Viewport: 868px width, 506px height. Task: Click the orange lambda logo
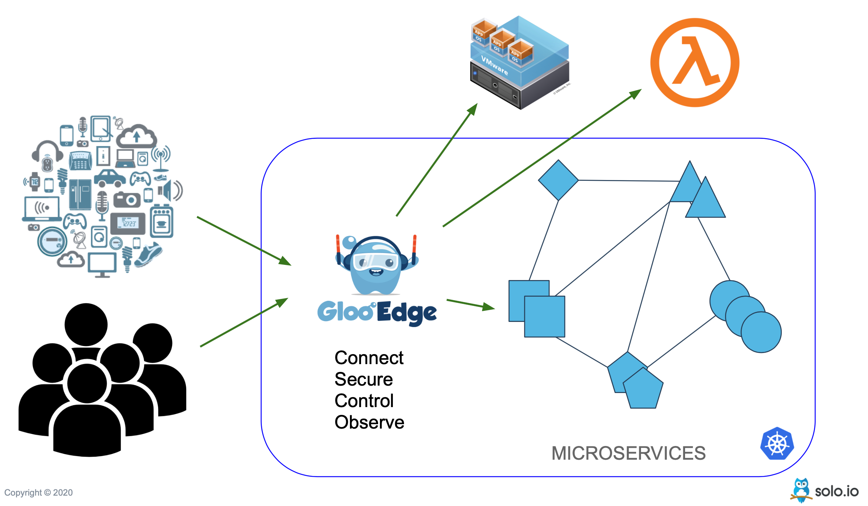point(695,63)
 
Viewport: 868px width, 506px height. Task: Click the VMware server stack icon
point(520,63)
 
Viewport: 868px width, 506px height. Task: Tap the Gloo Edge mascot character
point(376,265)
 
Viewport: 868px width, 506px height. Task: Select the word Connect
point(369,358)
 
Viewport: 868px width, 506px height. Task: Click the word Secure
point(363,379)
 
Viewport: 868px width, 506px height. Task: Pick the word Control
point(364,401)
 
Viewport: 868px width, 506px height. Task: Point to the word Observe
point(369,422)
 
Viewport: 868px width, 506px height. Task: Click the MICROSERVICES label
point(628,453)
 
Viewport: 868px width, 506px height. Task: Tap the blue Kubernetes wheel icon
point(777,444)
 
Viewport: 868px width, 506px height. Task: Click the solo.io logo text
point(837,492)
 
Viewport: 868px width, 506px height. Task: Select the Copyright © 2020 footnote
point(39,493)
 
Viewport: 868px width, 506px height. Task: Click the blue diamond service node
point(558,180)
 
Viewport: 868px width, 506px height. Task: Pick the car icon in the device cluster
point(110,178)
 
